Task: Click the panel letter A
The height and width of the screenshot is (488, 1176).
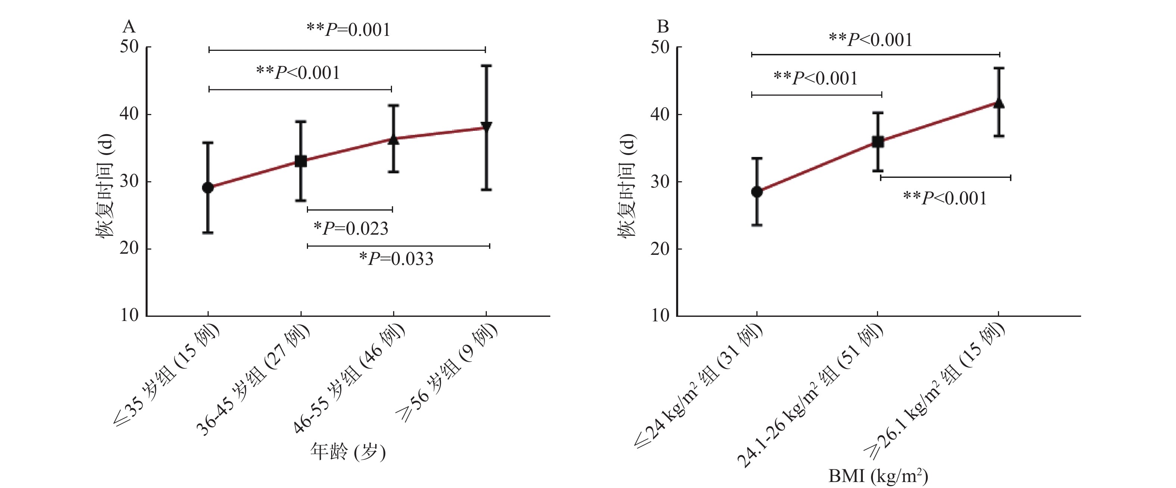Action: (129, 27)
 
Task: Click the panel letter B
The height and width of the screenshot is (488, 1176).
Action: (662, 27)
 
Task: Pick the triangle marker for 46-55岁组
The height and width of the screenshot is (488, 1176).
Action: (393, 139)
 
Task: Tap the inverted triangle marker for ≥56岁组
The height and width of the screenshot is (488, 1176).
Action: (486, 126)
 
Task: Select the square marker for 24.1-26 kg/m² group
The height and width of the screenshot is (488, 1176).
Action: (877, 142)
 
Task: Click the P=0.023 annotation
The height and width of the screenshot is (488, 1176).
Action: (351, 228)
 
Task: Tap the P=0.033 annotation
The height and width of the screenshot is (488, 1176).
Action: (396, 259)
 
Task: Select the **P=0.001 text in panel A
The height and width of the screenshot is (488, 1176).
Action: (348, 30)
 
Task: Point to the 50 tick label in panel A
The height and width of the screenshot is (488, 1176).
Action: (129, 47)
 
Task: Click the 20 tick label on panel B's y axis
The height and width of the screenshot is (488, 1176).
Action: (660, 249)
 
